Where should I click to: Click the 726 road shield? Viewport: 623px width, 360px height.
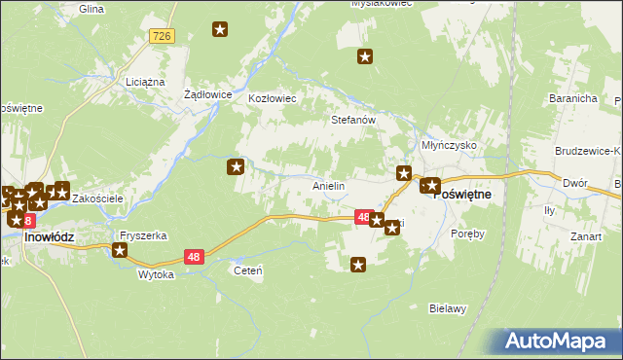pos(162,36)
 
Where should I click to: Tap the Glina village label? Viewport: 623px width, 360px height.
pos(92,8)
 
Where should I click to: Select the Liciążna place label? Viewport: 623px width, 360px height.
pos(145,82)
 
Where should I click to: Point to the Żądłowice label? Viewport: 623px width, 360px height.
pos(207,95)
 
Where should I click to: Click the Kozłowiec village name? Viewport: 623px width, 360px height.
pos(273,99)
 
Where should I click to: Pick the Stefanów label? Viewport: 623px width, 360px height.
pos(353,121)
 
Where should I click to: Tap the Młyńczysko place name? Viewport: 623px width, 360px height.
pos(448,143)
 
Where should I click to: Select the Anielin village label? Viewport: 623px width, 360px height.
pos(328,185)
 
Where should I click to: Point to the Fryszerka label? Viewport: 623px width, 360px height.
pos(143,236)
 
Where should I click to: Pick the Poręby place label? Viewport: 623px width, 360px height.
pos(467,234)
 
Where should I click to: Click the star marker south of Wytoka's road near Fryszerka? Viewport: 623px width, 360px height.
pos(120,251)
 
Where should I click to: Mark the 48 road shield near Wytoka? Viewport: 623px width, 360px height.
pos(194,257)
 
